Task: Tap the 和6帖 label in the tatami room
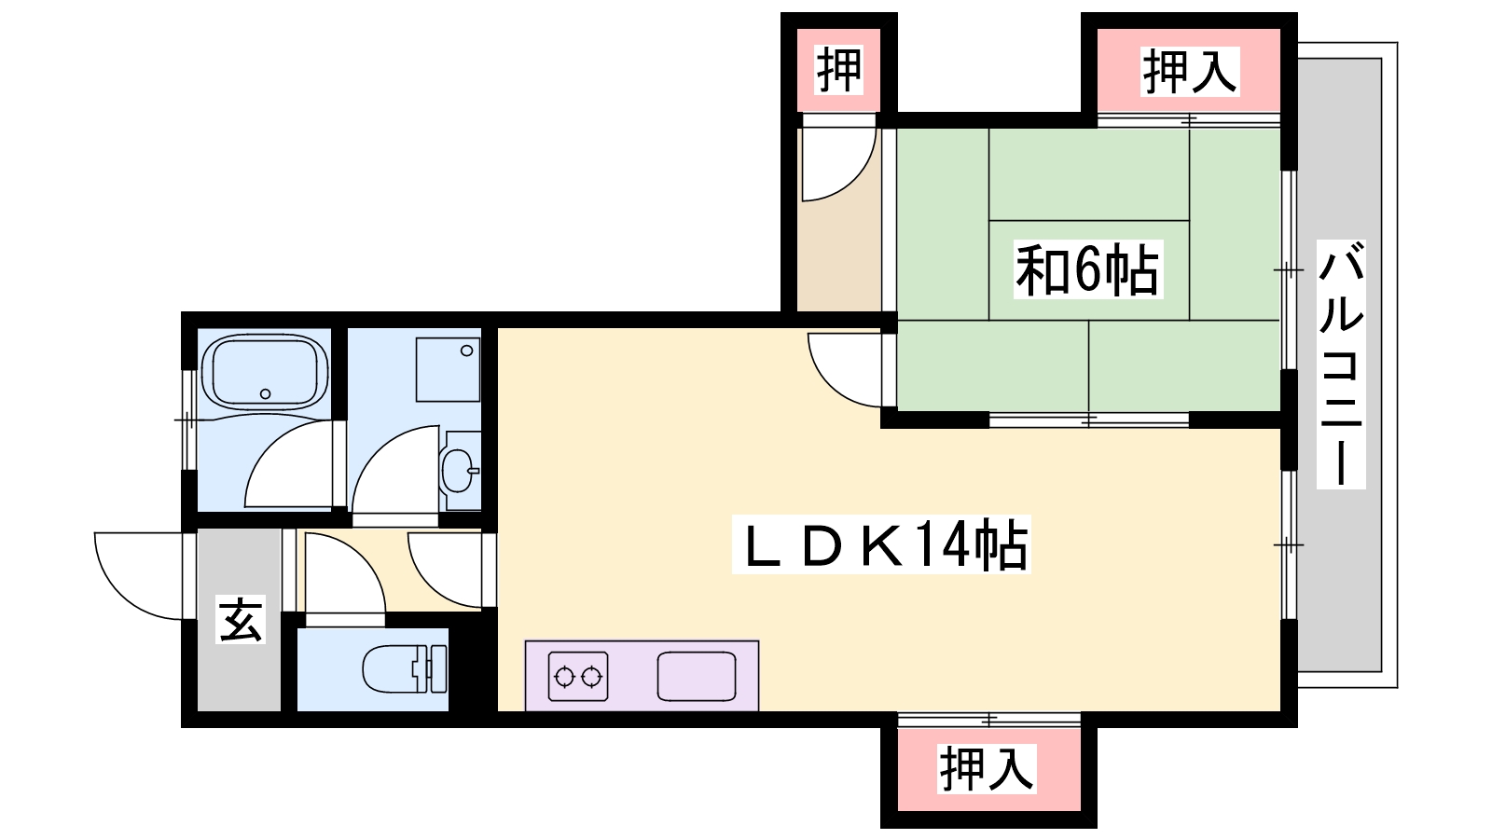(1087, 269)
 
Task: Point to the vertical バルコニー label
(1341, 364)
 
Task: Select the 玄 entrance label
(241, 619)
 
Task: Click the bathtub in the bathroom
(265, 370)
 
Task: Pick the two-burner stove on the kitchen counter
(578, 676)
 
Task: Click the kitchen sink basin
(696, 676)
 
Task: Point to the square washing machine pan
(448, 369)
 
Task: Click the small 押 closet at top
(838, 69)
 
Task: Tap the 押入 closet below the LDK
(987, 768)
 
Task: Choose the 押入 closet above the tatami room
(1189, 71)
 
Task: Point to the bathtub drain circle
(266, 394)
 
